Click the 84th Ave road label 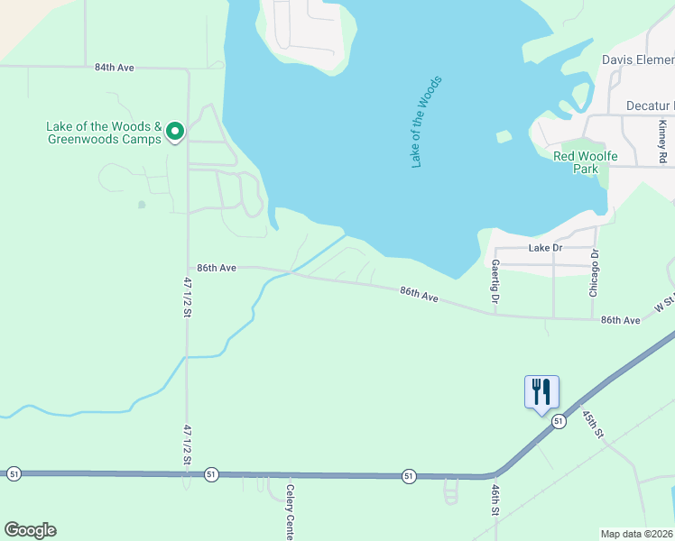pos(115,67)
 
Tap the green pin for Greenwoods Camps pos(174,133)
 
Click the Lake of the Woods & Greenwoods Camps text pos(104,133)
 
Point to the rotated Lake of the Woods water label pos(427,123)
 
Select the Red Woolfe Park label pos(586,162)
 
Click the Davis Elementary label pos(638,60)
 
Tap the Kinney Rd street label pos(662,142)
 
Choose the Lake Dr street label pos(545,247)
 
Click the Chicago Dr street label pos(595,272)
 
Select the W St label pos(663,306)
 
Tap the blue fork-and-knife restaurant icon pos(541,391)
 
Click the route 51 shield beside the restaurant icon pos(559,421)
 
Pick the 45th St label pos(591,423)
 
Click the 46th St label pos(495,499)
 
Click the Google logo pos(30,530)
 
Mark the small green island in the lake pos(504,137)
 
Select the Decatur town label pos(650,106)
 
